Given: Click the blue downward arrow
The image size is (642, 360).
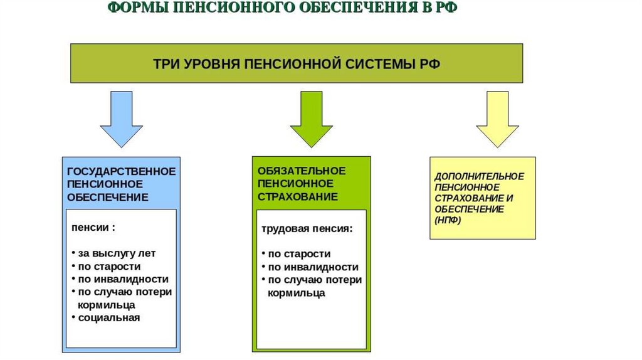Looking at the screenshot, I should (x=121, y=119).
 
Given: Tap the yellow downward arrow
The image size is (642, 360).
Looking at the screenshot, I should (x=497, y=119).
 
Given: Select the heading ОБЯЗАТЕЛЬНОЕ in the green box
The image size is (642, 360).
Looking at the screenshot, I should (x=301, y=171).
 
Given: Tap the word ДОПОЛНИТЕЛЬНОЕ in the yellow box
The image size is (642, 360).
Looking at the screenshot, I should (x=480, y=177).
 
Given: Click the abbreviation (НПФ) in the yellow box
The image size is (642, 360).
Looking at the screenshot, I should (x=447, y=220).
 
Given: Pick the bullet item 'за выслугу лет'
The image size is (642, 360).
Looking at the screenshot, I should (x=116, y=253).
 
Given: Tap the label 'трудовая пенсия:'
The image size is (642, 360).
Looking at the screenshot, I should (x=307, y=229).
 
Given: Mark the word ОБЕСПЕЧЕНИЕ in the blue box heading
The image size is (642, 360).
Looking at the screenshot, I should (x=107, y=197).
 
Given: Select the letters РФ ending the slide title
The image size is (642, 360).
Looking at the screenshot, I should (x=445, y=9).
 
